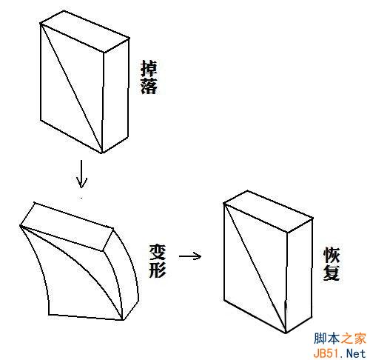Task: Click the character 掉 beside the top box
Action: tap(149, 68)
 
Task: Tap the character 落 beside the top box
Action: tap(149, 86)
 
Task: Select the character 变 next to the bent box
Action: tap(158, 252)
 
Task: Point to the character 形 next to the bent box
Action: tap(158, 269)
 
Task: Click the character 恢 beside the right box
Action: tap(332, 255)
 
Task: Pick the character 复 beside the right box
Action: tap(332, 273)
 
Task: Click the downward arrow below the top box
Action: tap(81, 174)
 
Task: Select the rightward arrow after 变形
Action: tap(190, 256)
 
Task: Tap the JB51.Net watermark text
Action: tap(340, 353)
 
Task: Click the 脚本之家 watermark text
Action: tap(340, 339)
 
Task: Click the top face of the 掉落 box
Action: tap(85, 31)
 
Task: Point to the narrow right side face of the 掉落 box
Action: tap(115, 96)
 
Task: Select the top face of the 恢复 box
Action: tap(269, 211)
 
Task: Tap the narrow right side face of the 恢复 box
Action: tap(299, 276)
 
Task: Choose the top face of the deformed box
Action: tap(67, 227)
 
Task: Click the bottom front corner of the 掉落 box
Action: tap(102, 153)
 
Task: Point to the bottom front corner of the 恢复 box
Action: tap(286, 333)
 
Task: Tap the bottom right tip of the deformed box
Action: tap(123, 320)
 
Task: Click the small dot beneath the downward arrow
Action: tap(81, 198)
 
